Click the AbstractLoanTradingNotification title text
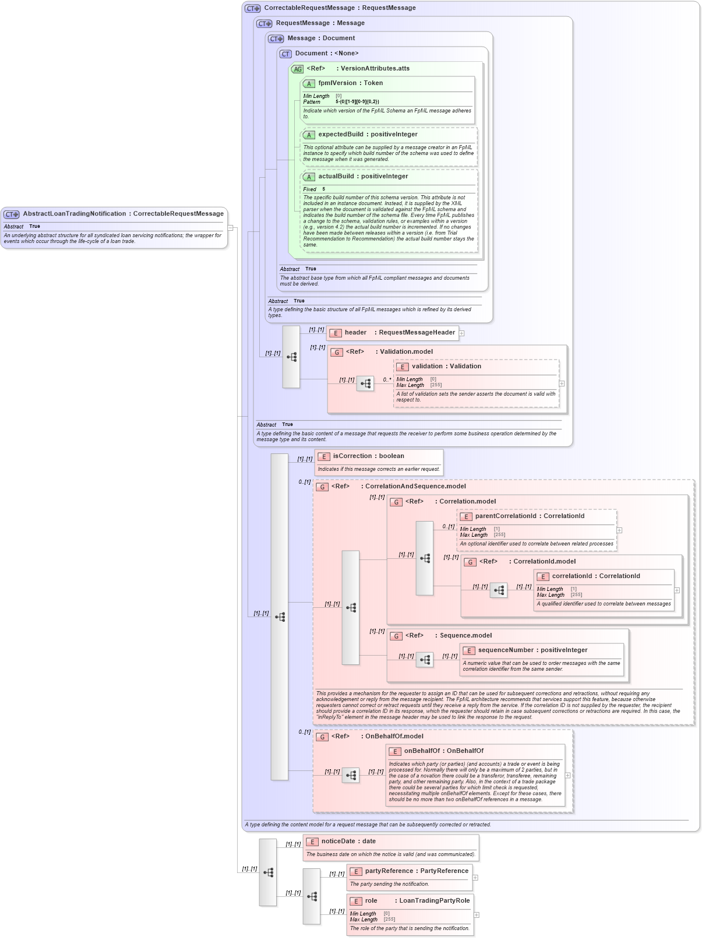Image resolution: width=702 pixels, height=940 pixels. (123, 214)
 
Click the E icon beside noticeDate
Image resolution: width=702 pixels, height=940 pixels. (312, 842)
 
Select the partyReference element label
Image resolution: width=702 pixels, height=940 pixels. (417, 871)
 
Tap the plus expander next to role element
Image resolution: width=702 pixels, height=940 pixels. (477, 915)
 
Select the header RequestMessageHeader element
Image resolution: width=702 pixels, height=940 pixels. (399, 333)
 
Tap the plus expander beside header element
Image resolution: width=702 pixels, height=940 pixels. (461, 333)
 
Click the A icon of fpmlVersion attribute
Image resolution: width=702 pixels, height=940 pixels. (309, 84)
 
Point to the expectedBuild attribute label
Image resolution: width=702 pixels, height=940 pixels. (368, 135)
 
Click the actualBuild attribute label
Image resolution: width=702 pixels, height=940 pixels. (363, 177)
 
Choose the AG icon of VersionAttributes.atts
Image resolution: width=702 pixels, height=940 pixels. (298, 69)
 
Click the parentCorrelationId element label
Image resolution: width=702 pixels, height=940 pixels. (530, 516)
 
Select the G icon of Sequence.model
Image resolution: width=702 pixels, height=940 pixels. (396, 636)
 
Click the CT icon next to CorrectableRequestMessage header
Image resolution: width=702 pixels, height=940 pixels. (253, 9)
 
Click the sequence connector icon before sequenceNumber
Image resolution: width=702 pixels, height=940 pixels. (425, 660)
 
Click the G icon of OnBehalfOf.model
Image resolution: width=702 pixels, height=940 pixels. (322, 737)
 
